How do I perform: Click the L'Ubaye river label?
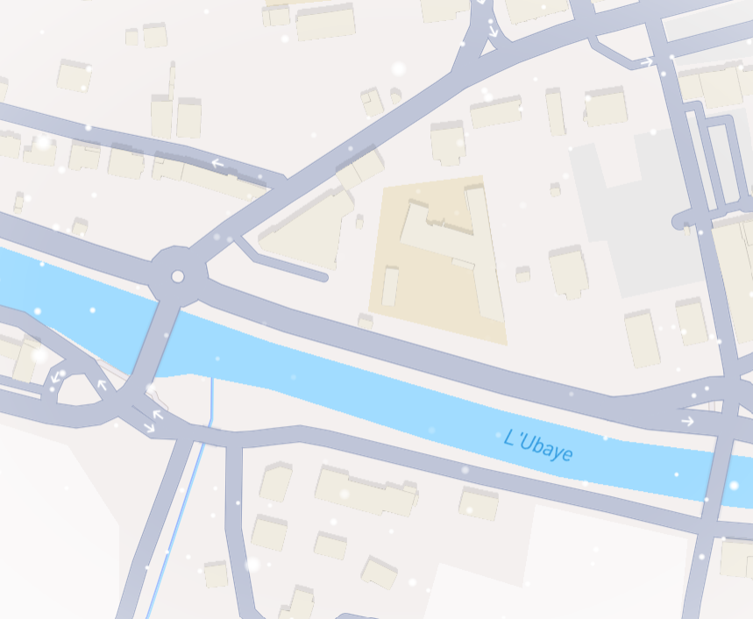(x=539, y=445)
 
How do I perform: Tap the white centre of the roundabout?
(x=178, y=277)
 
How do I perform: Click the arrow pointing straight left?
(x=217, y=163)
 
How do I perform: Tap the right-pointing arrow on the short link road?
(x=646, y=62)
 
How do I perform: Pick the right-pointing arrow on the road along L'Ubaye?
(x=687, y=422)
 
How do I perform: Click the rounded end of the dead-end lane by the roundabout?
(x=324, y=277)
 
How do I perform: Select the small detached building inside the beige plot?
(x=389, y=286)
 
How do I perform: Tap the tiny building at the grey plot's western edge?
(x=554, y=189)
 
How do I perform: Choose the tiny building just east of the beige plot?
(x=522, y=274)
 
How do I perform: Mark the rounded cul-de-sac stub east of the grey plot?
(x=679, y=221)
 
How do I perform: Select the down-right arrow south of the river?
(x=149, y=428)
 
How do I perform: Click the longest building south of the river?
(x=366, y=491)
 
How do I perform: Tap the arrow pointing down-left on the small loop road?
(x=57, y=378)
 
